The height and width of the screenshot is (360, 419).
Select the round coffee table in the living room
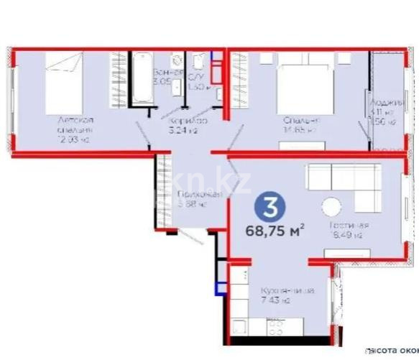pyautogui.click(x=332, y=207)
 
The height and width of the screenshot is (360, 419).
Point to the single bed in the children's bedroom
pyautogui.click(x=63, y=75)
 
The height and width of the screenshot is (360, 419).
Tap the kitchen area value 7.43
pyautogui.click(x=277, y=300)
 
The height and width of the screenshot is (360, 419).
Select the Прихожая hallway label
pyautogui.click(x=195, y=195)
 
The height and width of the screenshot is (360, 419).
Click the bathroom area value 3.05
pyautogui.click(x=162, y=82)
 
